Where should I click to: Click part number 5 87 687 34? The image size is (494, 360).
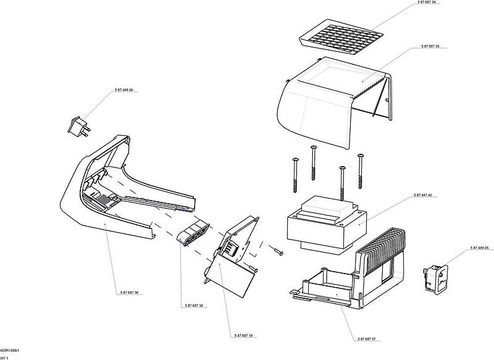click(425, 3)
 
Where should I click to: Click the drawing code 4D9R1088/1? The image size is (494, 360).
click(10, 350)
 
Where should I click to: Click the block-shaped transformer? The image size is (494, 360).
click(325, 226)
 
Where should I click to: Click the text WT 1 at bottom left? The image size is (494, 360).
click(5, 358)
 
